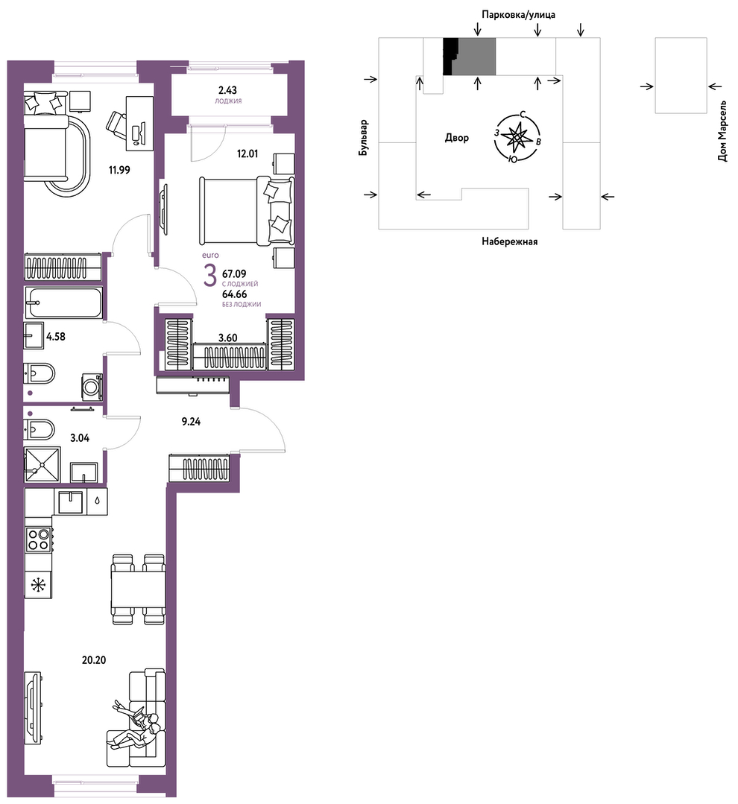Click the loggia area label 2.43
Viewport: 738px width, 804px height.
[227, 90]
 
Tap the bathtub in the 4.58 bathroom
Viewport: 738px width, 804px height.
[63, 303]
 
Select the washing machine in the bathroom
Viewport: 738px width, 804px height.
[92, 387]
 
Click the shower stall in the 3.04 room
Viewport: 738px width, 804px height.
[42, 464]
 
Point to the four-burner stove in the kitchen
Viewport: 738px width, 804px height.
[39, 539]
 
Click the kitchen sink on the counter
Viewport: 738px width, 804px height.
[70, 502]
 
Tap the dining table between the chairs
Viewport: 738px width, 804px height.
[139, 589]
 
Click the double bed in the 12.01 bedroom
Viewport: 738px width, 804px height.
[247, 210]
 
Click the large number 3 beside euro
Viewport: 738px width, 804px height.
[209, 276]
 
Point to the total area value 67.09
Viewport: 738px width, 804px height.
[234, 274]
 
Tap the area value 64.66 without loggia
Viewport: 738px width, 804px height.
[234, 294]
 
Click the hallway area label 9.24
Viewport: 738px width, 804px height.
[191, 422]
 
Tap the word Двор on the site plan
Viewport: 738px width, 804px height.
[456, 138]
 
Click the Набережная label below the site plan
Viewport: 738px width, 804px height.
[509, 241]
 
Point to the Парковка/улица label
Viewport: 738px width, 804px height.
[518, 15]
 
